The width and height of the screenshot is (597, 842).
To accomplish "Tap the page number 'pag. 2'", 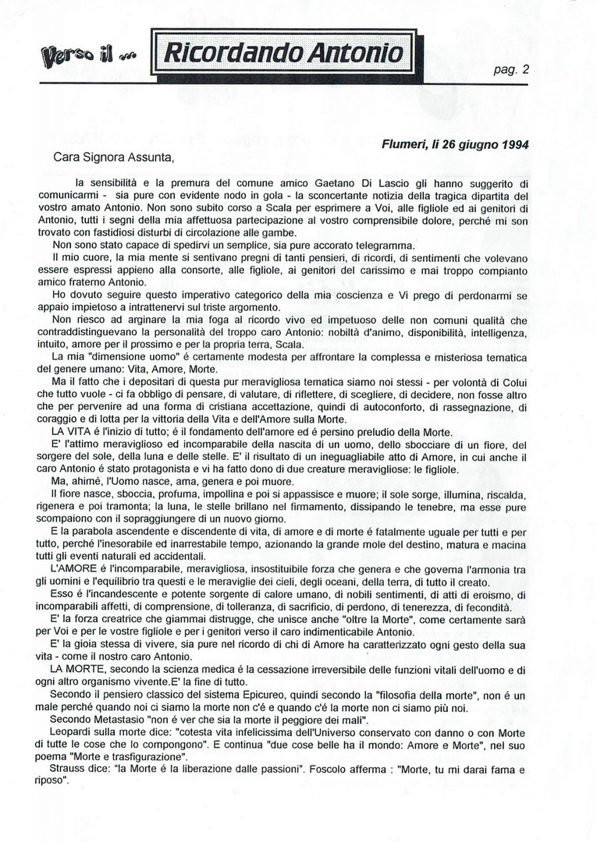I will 512,69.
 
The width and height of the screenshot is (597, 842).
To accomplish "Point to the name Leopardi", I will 74,732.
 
